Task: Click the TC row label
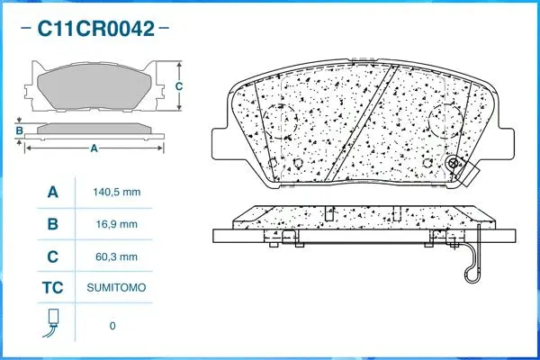pos(52,288)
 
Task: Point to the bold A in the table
pos(52,193)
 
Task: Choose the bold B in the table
pos(52,224)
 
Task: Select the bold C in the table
pos(52,256)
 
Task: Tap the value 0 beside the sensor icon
pos(112,325)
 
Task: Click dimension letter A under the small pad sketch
pos(94,149)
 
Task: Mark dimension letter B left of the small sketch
pos(19,131)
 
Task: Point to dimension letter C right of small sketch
pos(178,86)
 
